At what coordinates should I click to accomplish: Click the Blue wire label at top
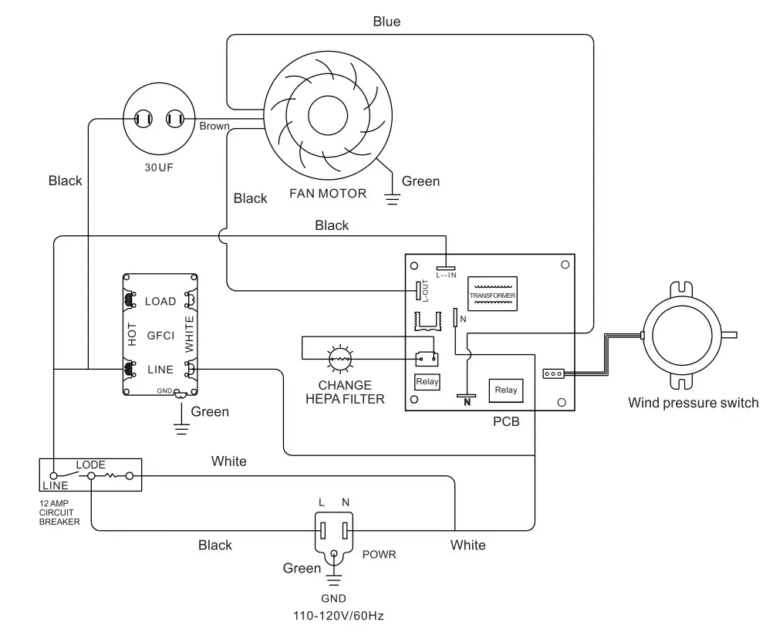386,22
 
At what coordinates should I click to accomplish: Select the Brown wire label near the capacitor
214,125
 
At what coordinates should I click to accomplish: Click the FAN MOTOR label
328,193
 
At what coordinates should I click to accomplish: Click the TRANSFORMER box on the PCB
492,296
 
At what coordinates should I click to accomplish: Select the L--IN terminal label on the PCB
447,274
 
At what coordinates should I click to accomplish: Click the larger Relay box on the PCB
506,390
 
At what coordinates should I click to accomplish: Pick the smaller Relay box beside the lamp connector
427,381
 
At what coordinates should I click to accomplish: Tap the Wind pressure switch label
693,402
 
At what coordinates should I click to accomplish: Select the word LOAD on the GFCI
160,301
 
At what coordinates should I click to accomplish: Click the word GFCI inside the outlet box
160,336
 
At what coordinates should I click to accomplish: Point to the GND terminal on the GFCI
179,393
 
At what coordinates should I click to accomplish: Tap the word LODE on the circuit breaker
90,465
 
